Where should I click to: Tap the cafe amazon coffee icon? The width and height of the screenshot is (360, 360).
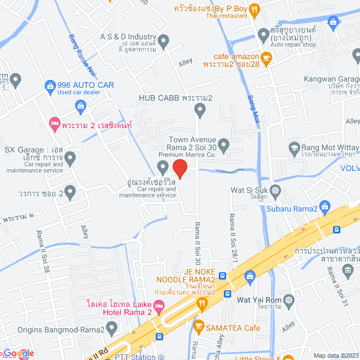click(266, 57)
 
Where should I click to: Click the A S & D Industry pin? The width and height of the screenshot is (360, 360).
click(164, 40)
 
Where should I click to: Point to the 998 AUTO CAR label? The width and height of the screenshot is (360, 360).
click(85, 85)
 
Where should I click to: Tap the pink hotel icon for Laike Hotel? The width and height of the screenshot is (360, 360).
click(159, 307)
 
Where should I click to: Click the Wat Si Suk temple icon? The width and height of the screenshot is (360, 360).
click(275, 190)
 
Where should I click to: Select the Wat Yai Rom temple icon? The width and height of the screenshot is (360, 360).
click(289, 299)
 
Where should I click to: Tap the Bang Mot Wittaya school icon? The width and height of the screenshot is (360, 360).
click(294, 148)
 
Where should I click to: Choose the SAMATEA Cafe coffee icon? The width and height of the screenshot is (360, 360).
click(198, 325)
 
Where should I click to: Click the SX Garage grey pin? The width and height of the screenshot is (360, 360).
click(70, 160)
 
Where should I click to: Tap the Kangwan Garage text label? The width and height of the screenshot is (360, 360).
click(331, 80)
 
